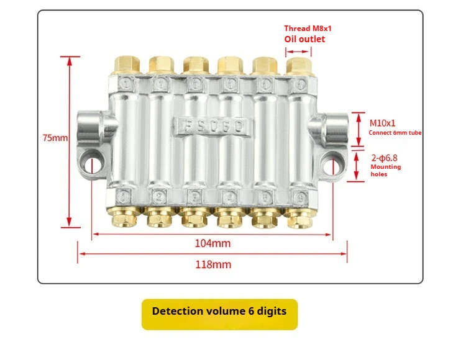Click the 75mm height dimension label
coord(55,138)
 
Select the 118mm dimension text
coord(212,264)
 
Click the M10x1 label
coord(383,123)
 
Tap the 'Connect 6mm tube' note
coord(395,133)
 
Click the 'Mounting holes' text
coord(385,171)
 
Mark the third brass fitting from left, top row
coord(194,63)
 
